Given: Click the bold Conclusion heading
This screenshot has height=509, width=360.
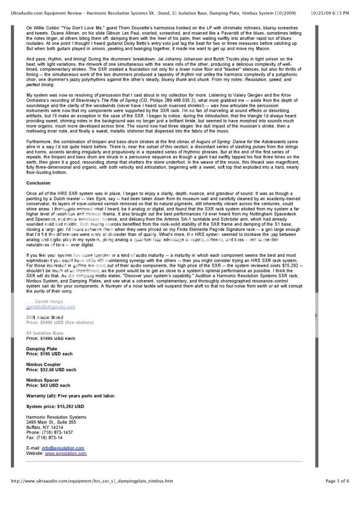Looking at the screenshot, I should [38, 183].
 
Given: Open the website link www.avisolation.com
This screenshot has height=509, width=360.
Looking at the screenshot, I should [66, 453].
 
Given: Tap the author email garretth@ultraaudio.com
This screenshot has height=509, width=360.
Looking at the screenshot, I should [51, 307].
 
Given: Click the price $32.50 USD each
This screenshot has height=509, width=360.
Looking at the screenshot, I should [51, 370].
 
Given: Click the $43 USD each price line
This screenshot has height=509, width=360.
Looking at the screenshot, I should [48, 385].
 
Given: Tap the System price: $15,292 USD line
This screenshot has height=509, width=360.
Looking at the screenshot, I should [55, 407].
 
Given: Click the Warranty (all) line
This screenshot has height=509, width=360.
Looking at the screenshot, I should [71, 396].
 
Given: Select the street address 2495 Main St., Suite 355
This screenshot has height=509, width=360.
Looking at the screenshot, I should [51, 422].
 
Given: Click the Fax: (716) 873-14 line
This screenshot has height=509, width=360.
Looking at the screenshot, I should [44, 437].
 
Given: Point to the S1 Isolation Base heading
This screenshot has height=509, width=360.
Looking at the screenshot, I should [45, 333].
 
